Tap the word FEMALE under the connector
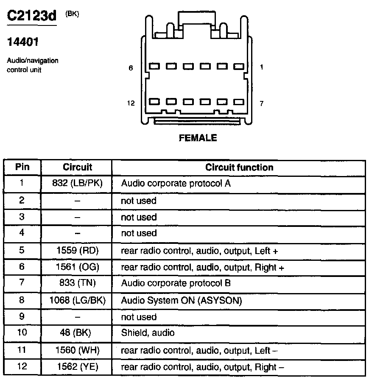click(198, 138)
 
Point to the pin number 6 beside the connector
click(131, 67)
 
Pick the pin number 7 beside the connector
click(262, 103)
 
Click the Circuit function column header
click(239, 167)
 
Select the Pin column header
click(22, 167)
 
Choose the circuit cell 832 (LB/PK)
click(77, 184)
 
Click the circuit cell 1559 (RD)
click(77, 251)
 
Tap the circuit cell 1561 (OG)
click(77, 267)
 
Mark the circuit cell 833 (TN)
click(77, 283)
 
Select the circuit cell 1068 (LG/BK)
click(77, 300)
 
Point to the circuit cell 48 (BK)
click(77, 333)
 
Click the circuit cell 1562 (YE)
click(77, 367)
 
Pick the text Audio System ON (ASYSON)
click(181, 300)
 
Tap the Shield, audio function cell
click(148, 333)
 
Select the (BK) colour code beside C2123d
click(72, 14)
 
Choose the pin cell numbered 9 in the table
click(22, 317)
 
